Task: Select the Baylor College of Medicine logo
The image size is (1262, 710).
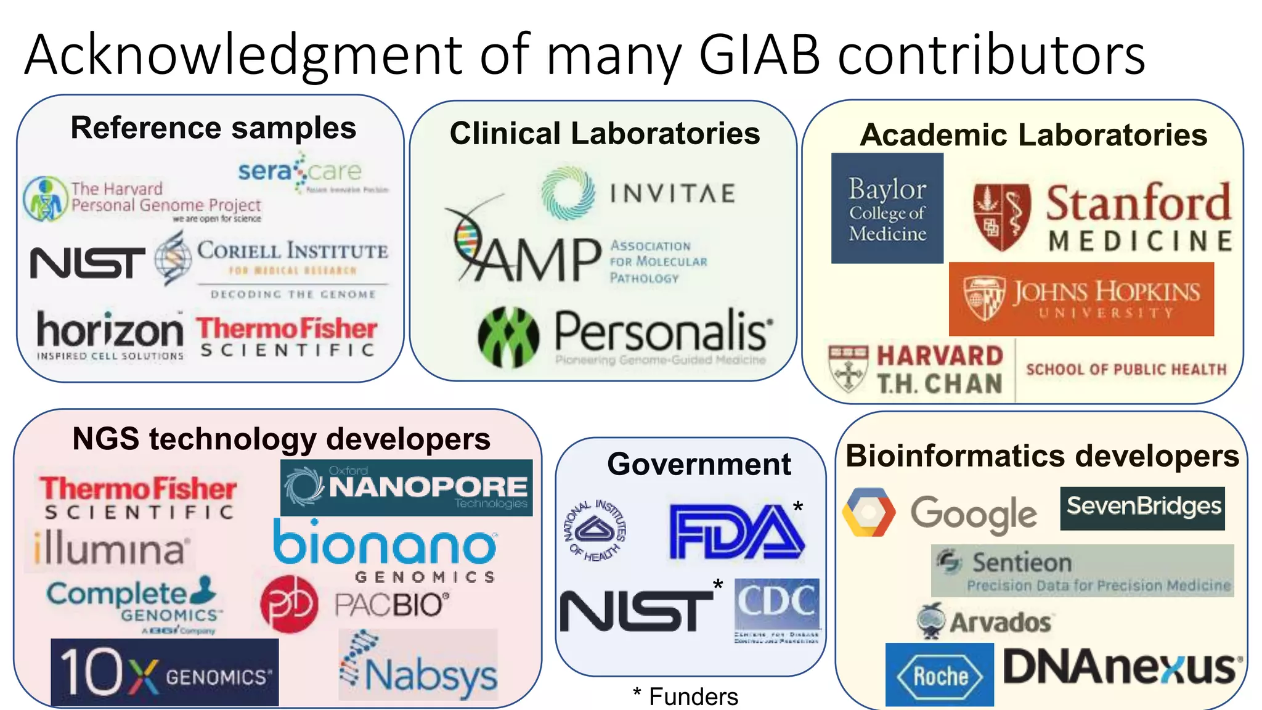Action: [887, 208]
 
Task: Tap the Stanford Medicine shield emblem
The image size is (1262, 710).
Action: [1001, 217]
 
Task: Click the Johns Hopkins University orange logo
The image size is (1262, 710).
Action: [1081, 299]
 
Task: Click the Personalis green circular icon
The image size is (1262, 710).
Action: [508, 337]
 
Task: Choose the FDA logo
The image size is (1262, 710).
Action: [736, 531]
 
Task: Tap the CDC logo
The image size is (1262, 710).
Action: [776, 610]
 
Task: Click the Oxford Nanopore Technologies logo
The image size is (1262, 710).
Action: [406, 488]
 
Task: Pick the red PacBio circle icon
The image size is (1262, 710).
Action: [289, 604]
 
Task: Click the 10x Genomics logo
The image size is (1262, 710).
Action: [165, 672]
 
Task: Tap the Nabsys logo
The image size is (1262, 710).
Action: [418, 665]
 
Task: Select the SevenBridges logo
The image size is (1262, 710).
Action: [1142, 508]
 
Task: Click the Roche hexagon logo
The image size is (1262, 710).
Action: [939, 675]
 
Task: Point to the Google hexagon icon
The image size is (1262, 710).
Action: [868, 512]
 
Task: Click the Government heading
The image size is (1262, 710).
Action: [699, 464]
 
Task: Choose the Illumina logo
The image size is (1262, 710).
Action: [110, 548]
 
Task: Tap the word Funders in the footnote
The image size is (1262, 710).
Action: [693, 696]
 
